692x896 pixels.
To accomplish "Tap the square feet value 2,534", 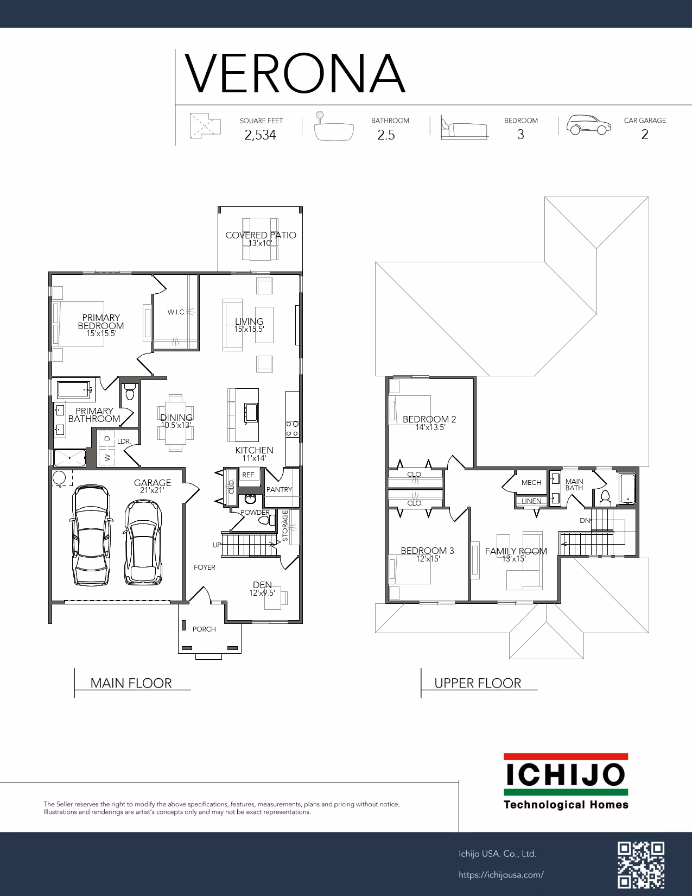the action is pyautogui.click(x=260, y=135).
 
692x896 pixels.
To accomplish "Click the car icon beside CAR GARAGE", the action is pyautogui.click(x=588, y=124).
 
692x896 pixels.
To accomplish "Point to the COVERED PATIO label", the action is pyautogui.click(x=261, y=235).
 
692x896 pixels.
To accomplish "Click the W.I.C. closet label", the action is pyautogui.click(x=176, y=312).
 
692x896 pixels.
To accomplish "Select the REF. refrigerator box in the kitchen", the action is pyautogui.click(x=249, y=475).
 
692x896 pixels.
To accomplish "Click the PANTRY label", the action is pyautogui.click(x=279, y=489).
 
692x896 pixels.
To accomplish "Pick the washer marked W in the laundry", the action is pyautogui.click(x=107, y=457).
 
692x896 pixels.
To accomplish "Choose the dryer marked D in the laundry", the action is pyautogui.click(x=107, y=438).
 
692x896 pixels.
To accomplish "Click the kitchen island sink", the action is pyautogui.click(x=251, y=412).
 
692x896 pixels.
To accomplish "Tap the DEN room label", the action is pyautogui.click(x=262, y=585).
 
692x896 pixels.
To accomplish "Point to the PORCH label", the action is pyautogui.click(x=204, y=629).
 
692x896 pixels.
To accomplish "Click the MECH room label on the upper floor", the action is pyautogui.click(x=531, y=482).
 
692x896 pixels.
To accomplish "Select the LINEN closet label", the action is pyautogui.click(x=531, y=501).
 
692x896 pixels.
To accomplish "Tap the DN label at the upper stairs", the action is pyautogui.click(x=585, y=520).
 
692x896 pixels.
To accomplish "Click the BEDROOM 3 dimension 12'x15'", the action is pyautogui.click(x=428, y=559).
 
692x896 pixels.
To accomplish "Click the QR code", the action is pyautogui.click(x=641, y=865).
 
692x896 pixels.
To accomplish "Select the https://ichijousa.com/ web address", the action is pyautogui.click(x=501, y=875).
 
